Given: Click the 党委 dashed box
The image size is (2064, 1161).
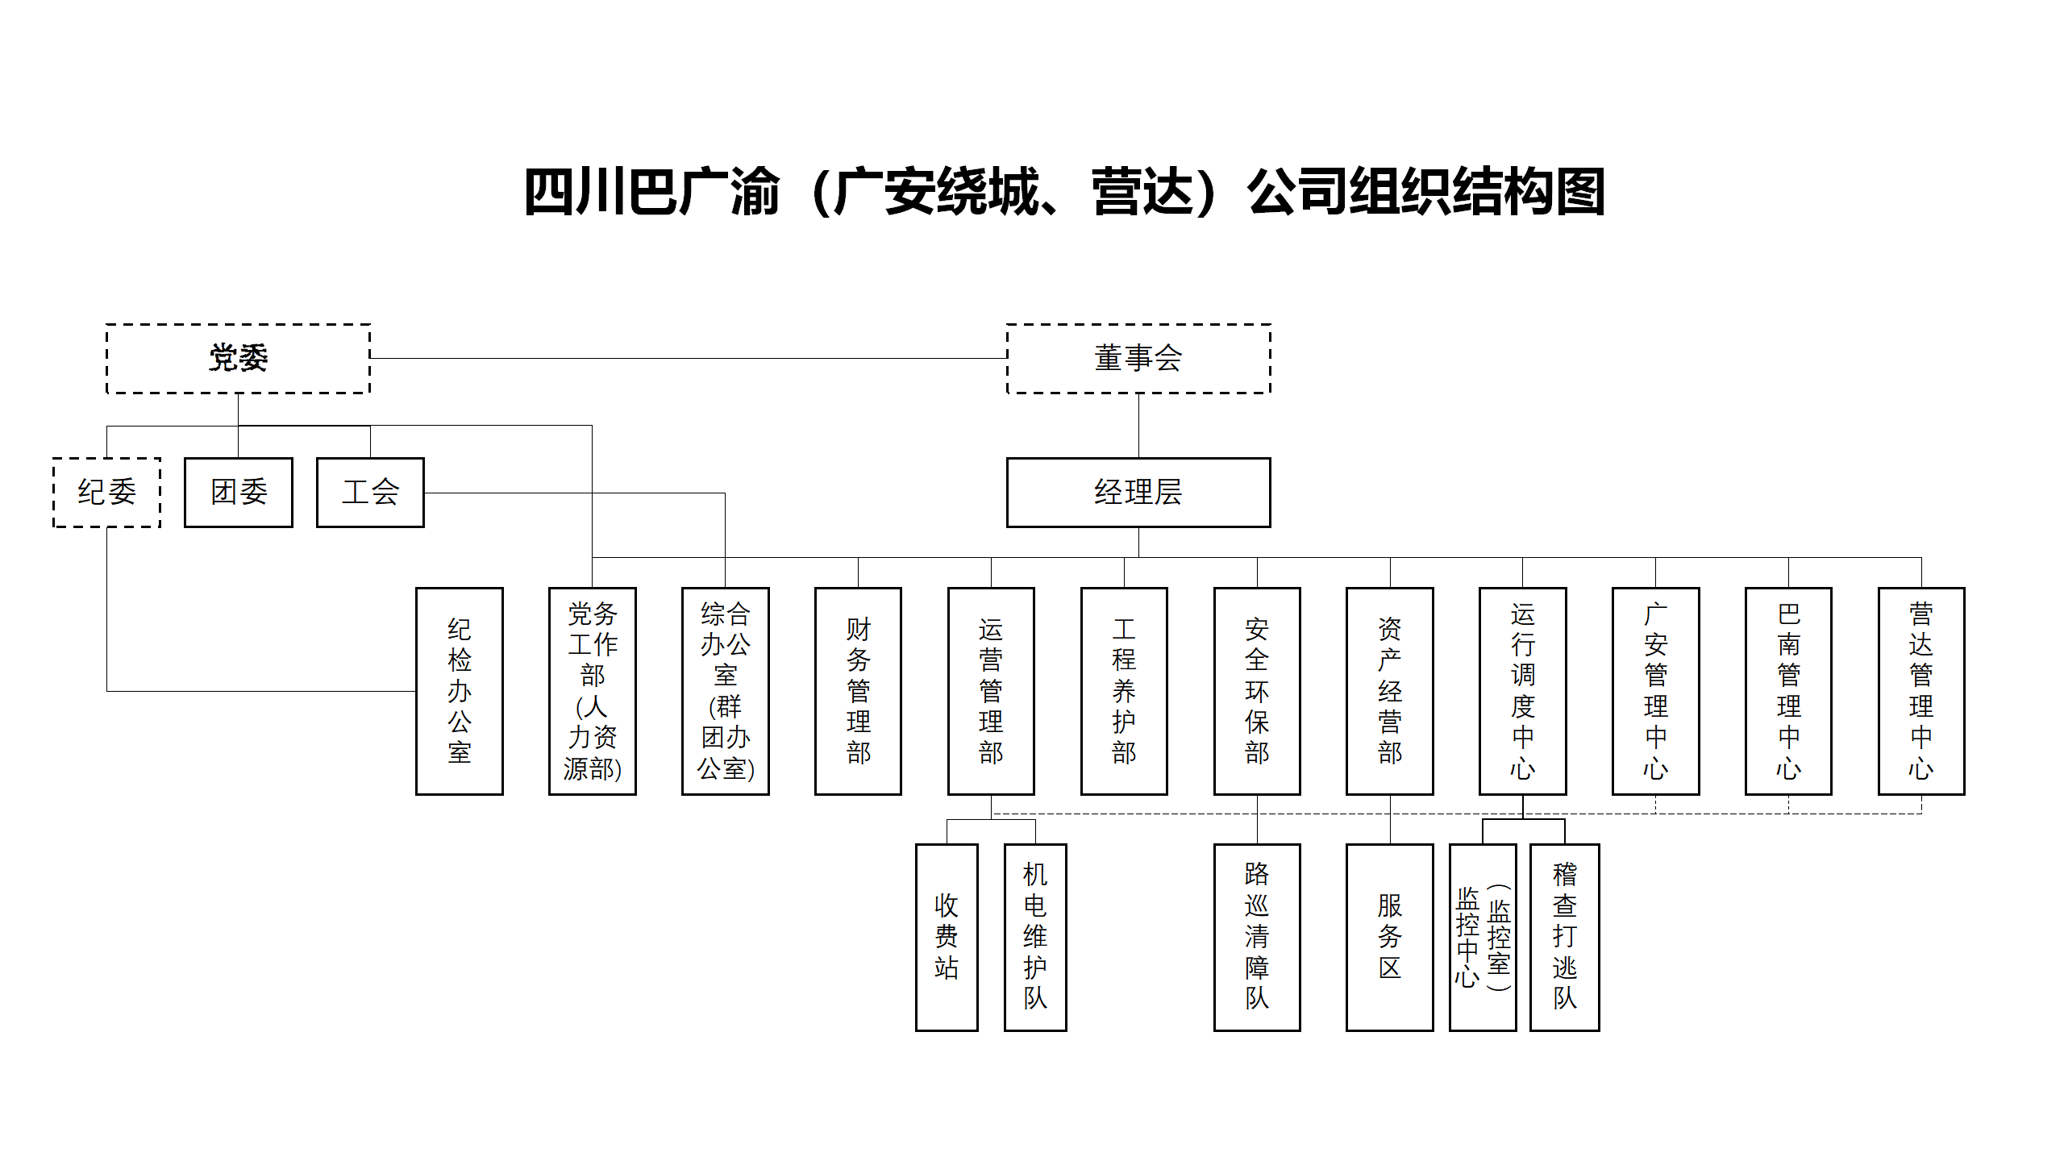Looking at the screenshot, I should click(x=238, y=359).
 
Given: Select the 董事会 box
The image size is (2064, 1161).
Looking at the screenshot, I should click(x=1138, y=359).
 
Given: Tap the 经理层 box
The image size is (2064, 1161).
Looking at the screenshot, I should click(x=1138, y=493).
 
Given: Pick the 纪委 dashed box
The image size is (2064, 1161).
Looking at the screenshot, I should click(x=106, y=493).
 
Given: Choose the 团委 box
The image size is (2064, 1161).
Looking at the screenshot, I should click(x=238, y=493).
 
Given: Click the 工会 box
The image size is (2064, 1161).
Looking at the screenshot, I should click(x=370, y=493).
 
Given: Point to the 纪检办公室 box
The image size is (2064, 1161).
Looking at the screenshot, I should click(x=459, y=691).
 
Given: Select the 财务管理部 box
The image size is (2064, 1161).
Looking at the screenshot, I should click(x=858, y=691).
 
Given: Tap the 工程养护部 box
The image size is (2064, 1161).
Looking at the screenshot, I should click(x=1124, y=691).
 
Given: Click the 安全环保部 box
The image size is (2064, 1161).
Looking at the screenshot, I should click(x=1257, y=691).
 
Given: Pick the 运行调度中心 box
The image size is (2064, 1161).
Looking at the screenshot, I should click(x=1522, y=691).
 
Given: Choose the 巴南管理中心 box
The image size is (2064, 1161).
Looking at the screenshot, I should click(x=1788, y=691).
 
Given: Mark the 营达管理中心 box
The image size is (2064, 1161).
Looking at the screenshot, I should click(x=1921, y=691).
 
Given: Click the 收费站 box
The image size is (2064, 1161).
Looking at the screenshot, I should click(x=947, y=937).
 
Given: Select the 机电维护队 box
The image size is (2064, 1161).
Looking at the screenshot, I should click(x=1035, y=937).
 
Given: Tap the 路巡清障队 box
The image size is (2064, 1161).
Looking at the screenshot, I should click(x=1257, y=937).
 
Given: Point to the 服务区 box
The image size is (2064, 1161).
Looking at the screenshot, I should click(x=1390, y=937).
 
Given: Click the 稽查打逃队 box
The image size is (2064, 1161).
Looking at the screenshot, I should click(x=1564, y=937).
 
